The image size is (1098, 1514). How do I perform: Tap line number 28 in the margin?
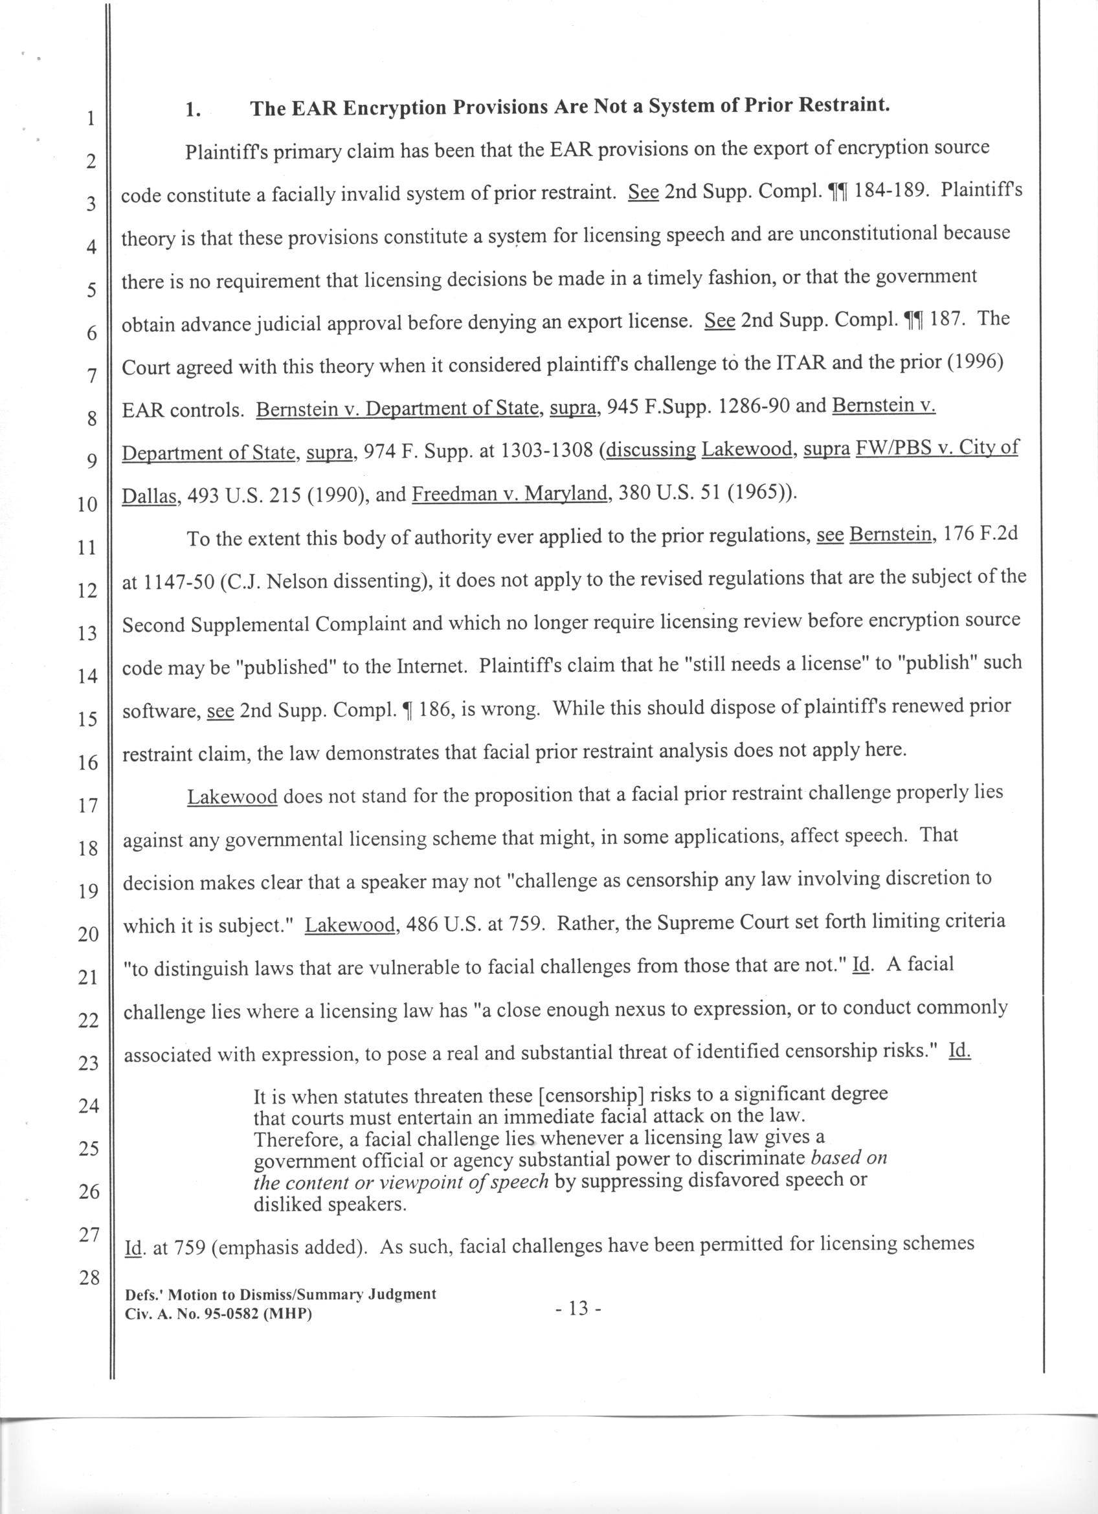click(x=89, y=1278)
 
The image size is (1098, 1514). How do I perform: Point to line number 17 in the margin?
click(x=89, y=805)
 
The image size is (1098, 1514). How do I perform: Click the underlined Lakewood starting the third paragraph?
click(x=232, y=797)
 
